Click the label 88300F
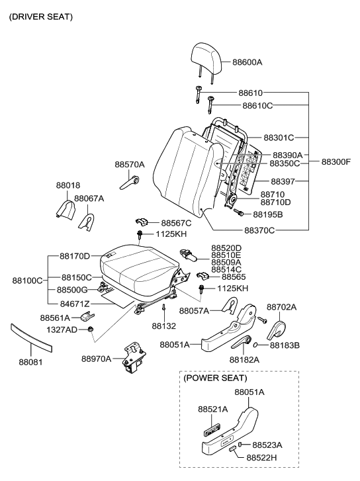336,161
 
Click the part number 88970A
97,359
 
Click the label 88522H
261,457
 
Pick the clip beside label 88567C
142,222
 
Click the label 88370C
259,230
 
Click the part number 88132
163,326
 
